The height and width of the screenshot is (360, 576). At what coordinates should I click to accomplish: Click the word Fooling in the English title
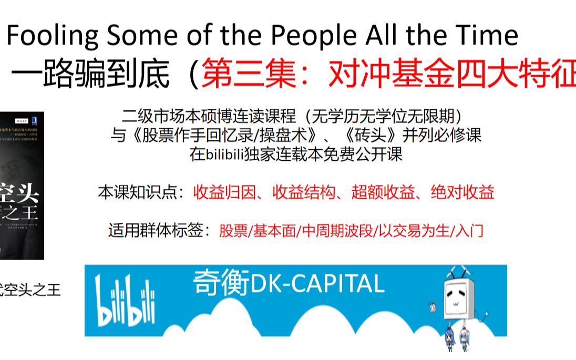[x=52, y=36]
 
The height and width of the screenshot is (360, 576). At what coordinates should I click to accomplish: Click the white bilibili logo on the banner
[x=125, y=299]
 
